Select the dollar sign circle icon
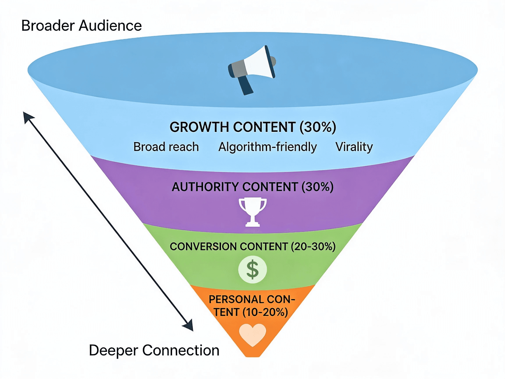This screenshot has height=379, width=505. coord(252,269)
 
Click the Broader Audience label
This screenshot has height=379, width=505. coord(81,26)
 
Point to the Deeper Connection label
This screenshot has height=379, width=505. coord(154,350)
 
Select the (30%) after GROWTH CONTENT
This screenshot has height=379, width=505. coord(318,127)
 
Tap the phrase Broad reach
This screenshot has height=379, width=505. coord(166,147)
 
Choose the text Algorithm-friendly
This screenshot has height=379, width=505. coord(267,147)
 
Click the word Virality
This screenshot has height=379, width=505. coord(354,147)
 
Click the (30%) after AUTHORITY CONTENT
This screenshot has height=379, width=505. coord(317,187)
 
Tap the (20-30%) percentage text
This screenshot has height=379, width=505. coord(313,247)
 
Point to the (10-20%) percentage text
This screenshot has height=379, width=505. coord(265,312)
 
